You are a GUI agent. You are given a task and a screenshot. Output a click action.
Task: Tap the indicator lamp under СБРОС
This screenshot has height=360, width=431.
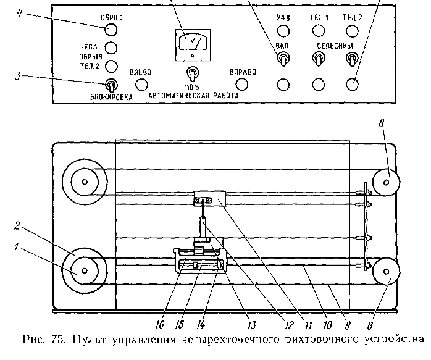[x=111, y=28]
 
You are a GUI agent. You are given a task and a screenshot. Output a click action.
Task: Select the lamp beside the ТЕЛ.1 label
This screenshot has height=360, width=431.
[x=111, y=48]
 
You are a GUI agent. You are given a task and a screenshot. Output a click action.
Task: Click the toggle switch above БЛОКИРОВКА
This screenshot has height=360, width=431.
[x=111, y=86]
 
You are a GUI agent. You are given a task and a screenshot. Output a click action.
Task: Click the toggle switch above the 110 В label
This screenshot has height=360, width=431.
[x=193, y=73]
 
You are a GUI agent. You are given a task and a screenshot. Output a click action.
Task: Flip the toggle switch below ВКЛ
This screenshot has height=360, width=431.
[x=283, y=59]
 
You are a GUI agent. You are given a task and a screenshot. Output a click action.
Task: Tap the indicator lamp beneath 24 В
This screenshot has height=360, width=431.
[x=283, y=30]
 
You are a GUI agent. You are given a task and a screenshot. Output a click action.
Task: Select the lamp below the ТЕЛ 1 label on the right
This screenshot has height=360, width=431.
[x=319, y=30]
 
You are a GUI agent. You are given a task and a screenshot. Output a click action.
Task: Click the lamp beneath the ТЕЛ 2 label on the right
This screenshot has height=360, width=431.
[x=353, y=30]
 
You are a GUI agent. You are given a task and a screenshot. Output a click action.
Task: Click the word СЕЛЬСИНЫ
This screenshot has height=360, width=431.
[x=335, y=46]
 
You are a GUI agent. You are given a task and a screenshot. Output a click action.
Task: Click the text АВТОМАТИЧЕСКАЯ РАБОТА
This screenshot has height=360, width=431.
[x=194, y=97]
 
